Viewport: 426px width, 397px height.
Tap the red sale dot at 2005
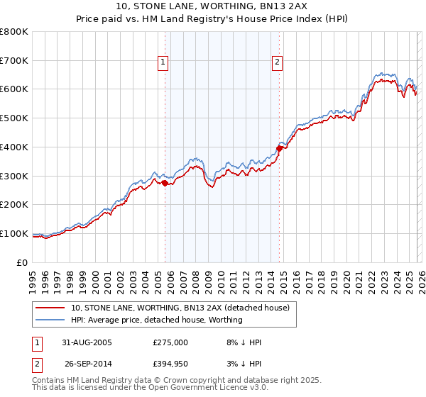pyautogui.click(x=165, y=183)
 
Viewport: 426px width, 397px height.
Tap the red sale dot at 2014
pyautogui.click(x=280, y=148)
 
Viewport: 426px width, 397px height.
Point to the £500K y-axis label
pyautogui.click(x=14, y=118)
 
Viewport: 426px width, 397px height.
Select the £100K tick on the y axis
pyautogui.click(x=14, y=233)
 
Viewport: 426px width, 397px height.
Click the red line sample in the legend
pyautogui.click(x=50, y=308)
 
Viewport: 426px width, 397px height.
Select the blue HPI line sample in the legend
pyautogui.click(x=50, y=320)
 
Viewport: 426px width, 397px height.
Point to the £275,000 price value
pyautogui.click(x=170, y=342)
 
